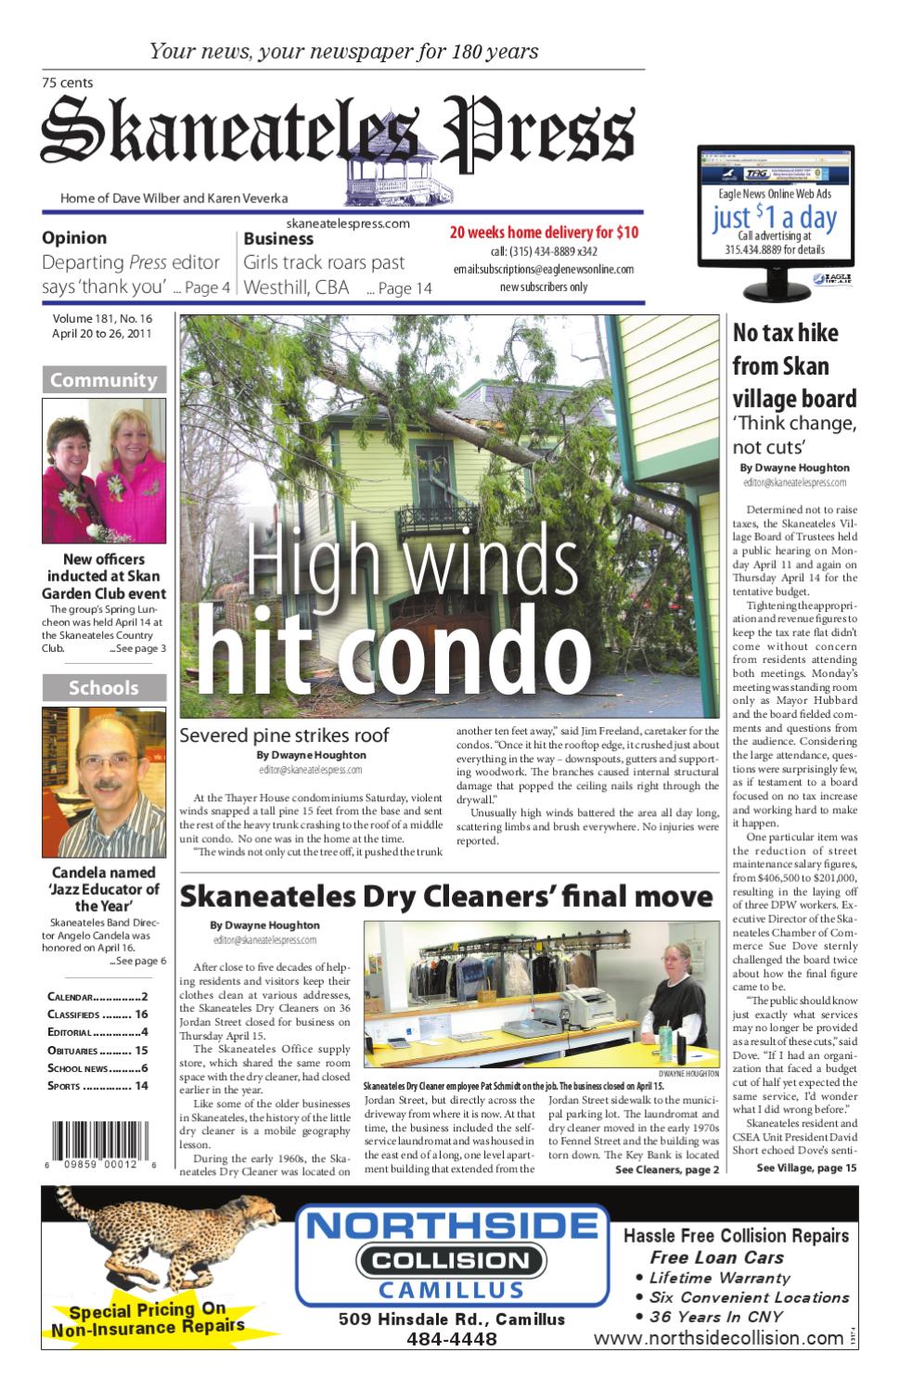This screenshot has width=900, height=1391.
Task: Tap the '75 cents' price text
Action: click(x=67, y=83)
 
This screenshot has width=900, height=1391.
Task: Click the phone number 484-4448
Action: click(x=451, y=1339)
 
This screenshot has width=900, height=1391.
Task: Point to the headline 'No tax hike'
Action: click(x=785, y=333)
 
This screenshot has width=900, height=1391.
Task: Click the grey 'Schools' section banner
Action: click(x=104, y=688)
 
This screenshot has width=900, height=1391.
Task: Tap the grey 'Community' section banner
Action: click(x=104, y=380)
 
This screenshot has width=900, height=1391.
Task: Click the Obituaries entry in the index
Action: click(x=97, y=1051)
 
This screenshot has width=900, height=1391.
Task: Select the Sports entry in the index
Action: click(x=97, y=1086)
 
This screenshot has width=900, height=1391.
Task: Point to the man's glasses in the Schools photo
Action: click(x=104, y=761)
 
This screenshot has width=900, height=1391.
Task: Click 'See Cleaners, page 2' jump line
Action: click(x=666, y=1169)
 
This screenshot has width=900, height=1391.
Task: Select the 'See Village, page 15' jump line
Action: click(x=806, y=1168)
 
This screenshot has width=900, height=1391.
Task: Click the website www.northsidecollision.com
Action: click(x=718, y=1338)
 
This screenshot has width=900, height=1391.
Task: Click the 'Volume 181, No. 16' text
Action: click(x=102, y=319)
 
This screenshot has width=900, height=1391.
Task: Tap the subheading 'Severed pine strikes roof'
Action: click(x=284, y=735)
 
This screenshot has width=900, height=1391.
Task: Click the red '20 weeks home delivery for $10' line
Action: click(x=544, y=233)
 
